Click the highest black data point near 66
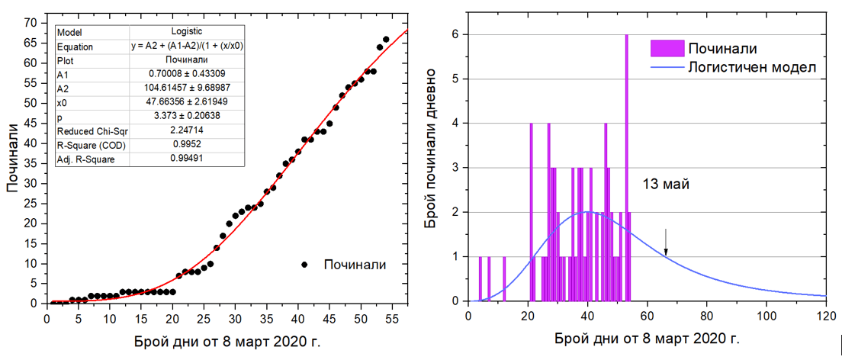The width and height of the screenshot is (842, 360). pyautogui.click(x=386, y=40)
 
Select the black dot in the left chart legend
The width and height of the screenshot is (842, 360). pyautogui.click(x=304, y=265)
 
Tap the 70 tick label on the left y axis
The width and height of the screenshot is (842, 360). pyautogui.click(x=31, y=22)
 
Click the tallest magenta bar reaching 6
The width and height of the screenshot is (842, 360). pyautogui.click(x=626, y=168)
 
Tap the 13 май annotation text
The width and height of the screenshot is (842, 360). pyautogui.click(x=666, y=184)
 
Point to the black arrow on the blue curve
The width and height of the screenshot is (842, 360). pyautogui.click(x=665, y=243)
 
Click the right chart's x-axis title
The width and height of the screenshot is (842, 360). pyautogui.click(x=647, y=336)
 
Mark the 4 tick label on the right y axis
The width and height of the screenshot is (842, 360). pyautogui.click(x=455, y=123)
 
